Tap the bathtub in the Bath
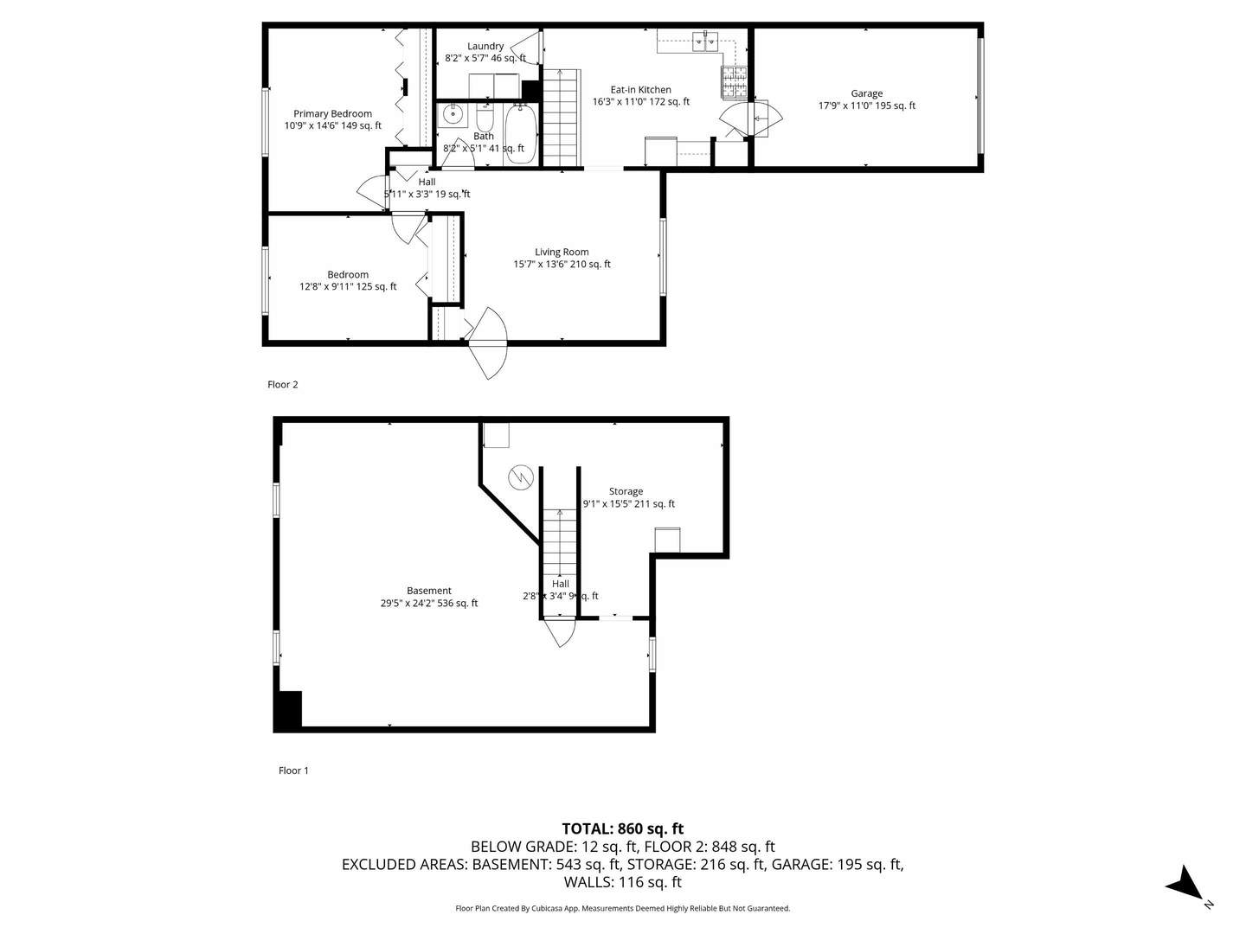coord(518,133)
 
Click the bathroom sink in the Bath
coord(452,114)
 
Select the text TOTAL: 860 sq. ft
coord(622,828)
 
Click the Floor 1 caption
coord(293,771)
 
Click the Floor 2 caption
coord(283,385)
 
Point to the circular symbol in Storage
coord(520,477)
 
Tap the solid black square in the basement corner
coord(288,710)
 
